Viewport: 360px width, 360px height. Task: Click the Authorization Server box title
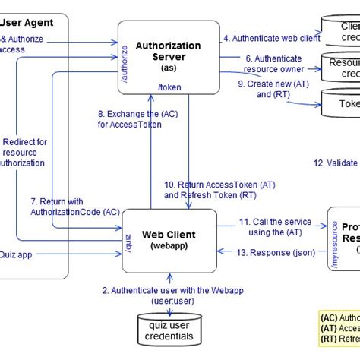click(168, 51)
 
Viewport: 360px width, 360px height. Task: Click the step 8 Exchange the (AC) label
click(129, 118)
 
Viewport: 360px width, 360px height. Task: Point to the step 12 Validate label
click(336, 163)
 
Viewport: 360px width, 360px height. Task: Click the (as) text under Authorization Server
click(168, 67)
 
